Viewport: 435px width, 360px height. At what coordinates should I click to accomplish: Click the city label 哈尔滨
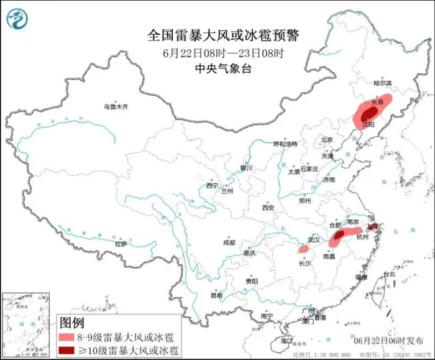click(382, 83)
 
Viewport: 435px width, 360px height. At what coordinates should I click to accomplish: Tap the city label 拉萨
click(121, 244)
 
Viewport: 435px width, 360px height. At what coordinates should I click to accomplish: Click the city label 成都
click(228, 242)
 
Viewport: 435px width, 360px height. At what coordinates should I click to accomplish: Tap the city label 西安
click(268, 208)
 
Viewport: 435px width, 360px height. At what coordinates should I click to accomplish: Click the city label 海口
click(285, 341)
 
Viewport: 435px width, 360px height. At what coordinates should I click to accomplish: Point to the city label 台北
click(388, 274)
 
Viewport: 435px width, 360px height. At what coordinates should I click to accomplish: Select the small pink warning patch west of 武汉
click(303, 248)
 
